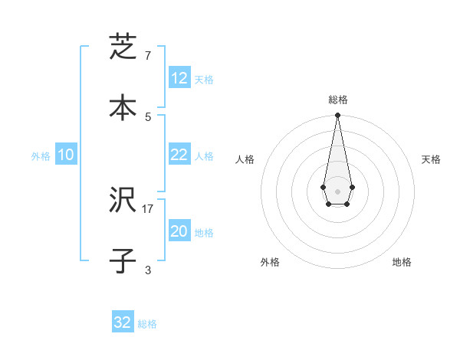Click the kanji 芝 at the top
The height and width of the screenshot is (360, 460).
coord(123,47)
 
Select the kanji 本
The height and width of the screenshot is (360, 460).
coord(123,107)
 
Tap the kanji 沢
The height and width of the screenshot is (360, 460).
coord(123,201)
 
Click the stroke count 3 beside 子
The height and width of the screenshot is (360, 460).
coord(147,270)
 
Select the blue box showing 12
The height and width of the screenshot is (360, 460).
coord(179,78)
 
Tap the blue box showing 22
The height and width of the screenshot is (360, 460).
coord(179,155)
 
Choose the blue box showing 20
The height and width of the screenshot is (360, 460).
coord(179,231)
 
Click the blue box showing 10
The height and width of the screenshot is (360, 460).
coord(66,155)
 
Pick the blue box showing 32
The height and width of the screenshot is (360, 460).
coord(123,322)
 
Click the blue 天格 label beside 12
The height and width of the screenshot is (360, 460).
coord(204,80)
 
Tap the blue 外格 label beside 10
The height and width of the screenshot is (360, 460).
coord(41,156)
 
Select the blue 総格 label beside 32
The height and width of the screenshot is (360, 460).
coord(147,324)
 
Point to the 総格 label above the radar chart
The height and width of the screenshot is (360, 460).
coord(337,100)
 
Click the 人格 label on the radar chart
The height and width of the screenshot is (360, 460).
coord(245,159)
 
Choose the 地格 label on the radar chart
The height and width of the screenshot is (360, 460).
coord(402,262)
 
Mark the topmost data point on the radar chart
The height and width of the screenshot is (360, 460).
coord(337,116)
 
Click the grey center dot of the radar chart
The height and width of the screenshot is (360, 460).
coord(337,191)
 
